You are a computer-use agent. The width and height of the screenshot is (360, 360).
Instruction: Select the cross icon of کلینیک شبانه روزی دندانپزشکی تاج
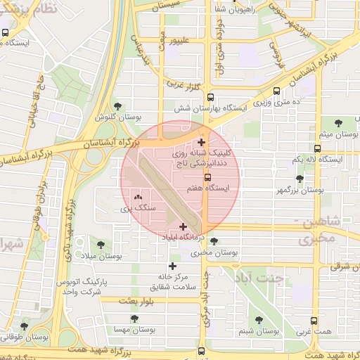(202, 143)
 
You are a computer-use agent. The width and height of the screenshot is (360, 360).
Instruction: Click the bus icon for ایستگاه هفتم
(207, 177)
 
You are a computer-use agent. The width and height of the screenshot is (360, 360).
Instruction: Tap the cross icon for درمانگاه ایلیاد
(184, 226)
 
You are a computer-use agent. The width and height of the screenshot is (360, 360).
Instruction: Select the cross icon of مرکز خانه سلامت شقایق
(173, 266)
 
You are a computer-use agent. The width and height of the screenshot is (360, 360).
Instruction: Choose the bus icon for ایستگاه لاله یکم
(318, 148)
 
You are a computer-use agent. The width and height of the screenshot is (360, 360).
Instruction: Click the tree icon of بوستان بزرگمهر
(300, 179)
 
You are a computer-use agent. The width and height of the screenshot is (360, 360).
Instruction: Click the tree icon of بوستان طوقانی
(25, 326)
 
